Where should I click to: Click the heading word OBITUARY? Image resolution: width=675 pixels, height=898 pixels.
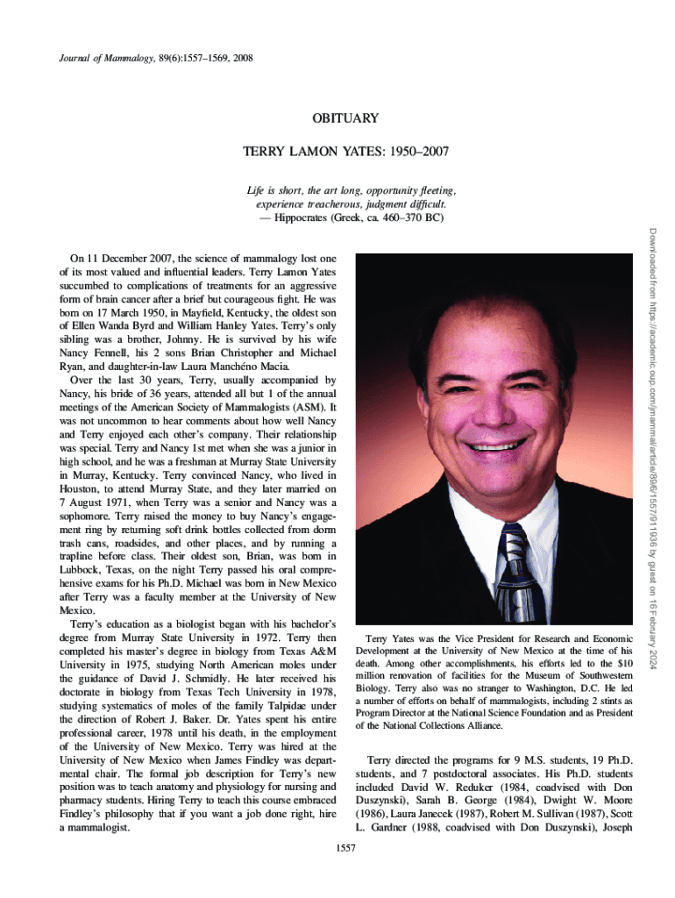tap(345, 118)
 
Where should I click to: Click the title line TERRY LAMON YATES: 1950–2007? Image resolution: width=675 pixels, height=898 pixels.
tap(345, 152)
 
